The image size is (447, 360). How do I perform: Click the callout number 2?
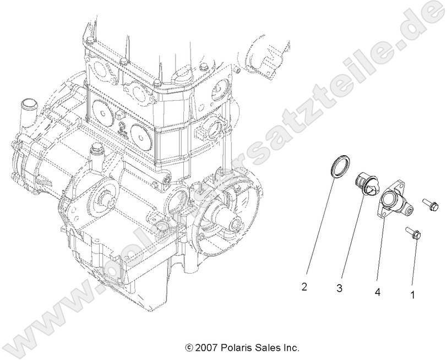click(304, 286)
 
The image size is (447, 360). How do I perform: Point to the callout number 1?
click(412, 294)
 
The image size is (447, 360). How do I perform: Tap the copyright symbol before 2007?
click(189, 348)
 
